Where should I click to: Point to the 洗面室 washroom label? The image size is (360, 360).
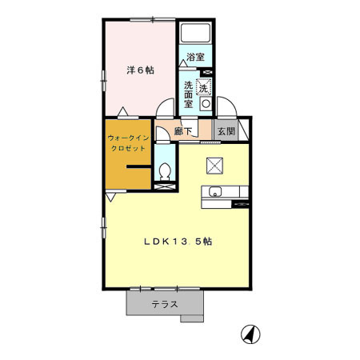coord(189,94)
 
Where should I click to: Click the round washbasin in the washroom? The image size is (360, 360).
coord(206,103)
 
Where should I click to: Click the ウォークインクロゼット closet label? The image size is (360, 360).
coord(126,143)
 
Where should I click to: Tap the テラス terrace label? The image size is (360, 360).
coord(165,304)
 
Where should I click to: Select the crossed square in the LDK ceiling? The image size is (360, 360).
coord(214,166)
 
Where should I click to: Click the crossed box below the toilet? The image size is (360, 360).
coord(164,186)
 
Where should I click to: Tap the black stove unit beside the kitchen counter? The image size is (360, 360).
coord(241,203)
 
